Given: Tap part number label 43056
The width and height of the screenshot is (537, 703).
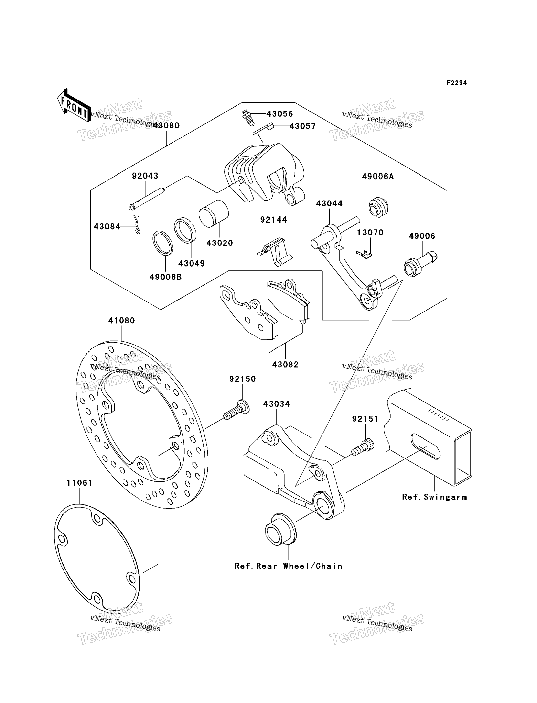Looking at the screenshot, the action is (x=280, y=114).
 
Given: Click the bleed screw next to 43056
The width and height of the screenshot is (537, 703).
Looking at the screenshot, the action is (x=248, y=117).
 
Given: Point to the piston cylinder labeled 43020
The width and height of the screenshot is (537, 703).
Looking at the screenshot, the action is (x=214, y=214).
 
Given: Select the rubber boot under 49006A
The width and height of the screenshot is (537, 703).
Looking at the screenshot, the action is (x=378, y=207).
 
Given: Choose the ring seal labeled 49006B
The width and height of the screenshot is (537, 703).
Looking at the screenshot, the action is (x=163, y=243).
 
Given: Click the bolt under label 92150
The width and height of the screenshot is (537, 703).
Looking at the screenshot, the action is (x=236, y=411).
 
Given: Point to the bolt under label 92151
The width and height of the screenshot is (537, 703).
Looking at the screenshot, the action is (x=363, y=447).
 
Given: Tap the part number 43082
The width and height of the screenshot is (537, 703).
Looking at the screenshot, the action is (x=285, y=364).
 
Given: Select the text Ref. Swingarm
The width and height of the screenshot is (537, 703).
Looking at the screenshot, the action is (x=434, y=497).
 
